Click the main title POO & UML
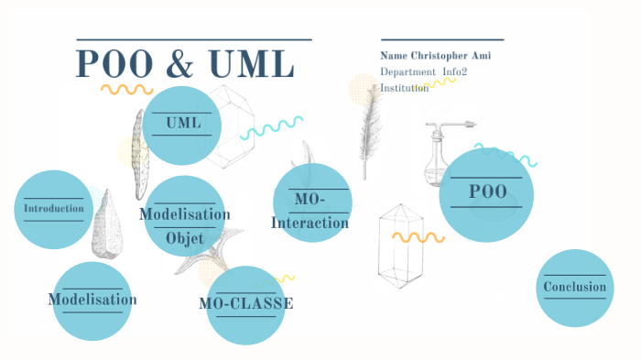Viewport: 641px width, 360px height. (x=185, y=64)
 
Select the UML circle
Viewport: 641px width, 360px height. (x=183, y=124)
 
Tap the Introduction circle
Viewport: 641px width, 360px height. (x=54, y=209)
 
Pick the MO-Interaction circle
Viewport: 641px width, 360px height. (x=312, y=204)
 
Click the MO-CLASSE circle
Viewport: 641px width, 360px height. (x=245, y=304)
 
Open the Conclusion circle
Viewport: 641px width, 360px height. (x=574, y=288)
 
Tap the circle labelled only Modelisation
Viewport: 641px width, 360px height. (x=92, y=300)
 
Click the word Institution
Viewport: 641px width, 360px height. (x=404, y=88)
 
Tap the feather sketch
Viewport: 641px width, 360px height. (x=371, y=128)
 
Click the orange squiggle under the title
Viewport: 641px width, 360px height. (x=126, y=90)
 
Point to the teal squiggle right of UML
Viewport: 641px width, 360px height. (x=271, y=127)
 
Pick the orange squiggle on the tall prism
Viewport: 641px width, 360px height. (x=418, y=237)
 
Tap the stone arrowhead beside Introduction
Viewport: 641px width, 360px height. (x=105, y=224)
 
